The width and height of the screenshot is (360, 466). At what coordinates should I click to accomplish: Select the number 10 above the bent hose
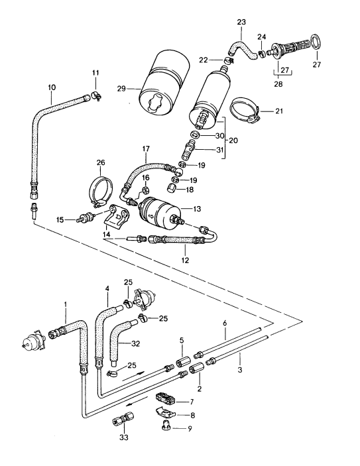[51, 86]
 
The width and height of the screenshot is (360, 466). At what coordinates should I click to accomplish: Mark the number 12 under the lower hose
[185, 261]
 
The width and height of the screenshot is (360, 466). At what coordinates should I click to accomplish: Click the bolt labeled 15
[86, 217]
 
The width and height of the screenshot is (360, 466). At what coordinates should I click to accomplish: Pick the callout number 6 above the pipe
[225, 323]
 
